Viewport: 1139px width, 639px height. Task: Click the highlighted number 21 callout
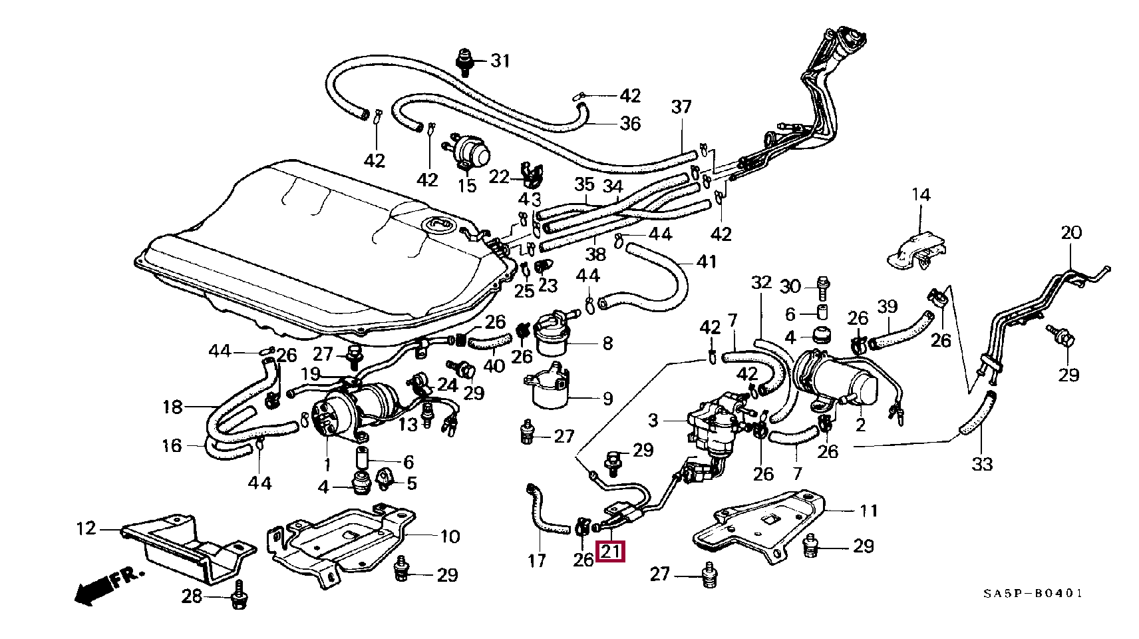coord(611,552)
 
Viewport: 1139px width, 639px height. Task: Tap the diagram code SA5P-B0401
coord(1033,594)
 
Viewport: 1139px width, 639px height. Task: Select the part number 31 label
coord(500,61)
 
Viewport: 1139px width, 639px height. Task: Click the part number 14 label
coord(921,195)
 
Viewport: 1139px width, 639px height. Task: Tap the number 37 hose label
coord(681,106)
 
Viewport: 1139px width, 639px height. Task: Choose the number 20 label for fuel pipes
coord(1071,233)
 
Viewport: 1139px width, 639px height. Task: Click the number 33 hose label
coord(982,464)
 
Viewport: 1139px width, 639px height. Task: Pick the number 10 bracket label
coord(450,536)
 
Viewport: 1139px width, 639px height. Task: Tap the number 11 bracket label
coord(868,511)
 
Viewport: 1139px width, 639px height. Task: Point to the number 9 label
coord(607,399)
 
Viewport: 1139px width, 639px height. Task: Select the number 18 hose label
coord(172,406)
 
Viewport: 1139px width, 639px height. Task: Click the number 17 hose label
coord(537,561)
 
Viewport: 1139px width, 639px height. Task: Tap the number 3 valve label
coord(653,421)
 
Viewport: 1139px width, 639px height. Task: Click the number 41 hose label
coord(706,262)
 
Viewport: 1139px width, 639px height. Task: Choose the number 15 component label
coord(468,186)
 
